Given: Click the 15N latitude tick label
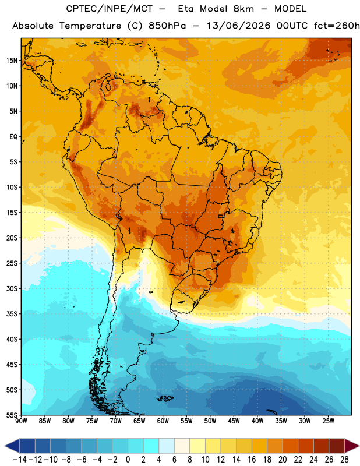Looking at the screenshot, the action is (x=12, y=61).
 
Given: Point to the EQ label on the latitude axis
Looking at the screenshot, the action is (x=13, y=137).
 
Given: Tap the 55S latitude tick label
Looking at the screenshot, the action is (x=12, y=415).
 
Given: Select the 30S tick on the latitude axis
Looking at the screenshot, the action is (x=12, y=288).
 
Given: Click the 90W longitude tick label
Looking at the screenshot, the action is (x=21, y=421).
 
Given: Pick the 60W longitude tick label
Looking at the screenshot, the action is (x=163, y=421).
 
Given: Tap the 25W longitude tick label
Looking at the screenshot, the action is (x=328, y=421).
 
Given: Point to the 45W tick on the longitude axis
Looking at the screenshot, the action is (x=234, y=421).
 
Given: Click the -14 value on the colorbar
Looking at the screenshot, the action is (x=20, y=460).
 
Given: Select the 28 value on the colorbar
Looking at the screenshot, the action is (x=344, y=460).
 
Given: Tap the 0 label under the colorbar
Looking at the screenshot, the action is (x=128, y=460).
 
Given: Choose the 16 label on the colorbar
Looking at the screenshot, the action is (x=252, y=460).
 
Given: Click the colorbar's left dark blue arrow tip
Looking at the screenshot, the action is (x=5, y=446).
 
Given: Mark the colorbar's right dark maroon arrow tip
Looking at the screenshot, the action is (x=359, y=446).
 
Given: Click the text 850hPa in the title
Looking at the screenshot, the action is (x=167, y=26).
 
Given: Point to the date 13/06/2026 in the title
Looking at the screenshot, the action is (x=239, y=26).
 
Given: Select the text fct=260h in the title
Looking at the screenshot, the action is (x=337, y=26).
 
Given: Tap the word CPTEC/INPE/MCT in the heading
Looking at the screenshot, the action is (x=110, y=9).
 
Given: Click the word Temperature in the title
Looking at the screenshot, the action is (x=90, y=26).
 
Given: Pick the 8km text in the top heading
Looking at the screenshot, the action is (x=243, y=9).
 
